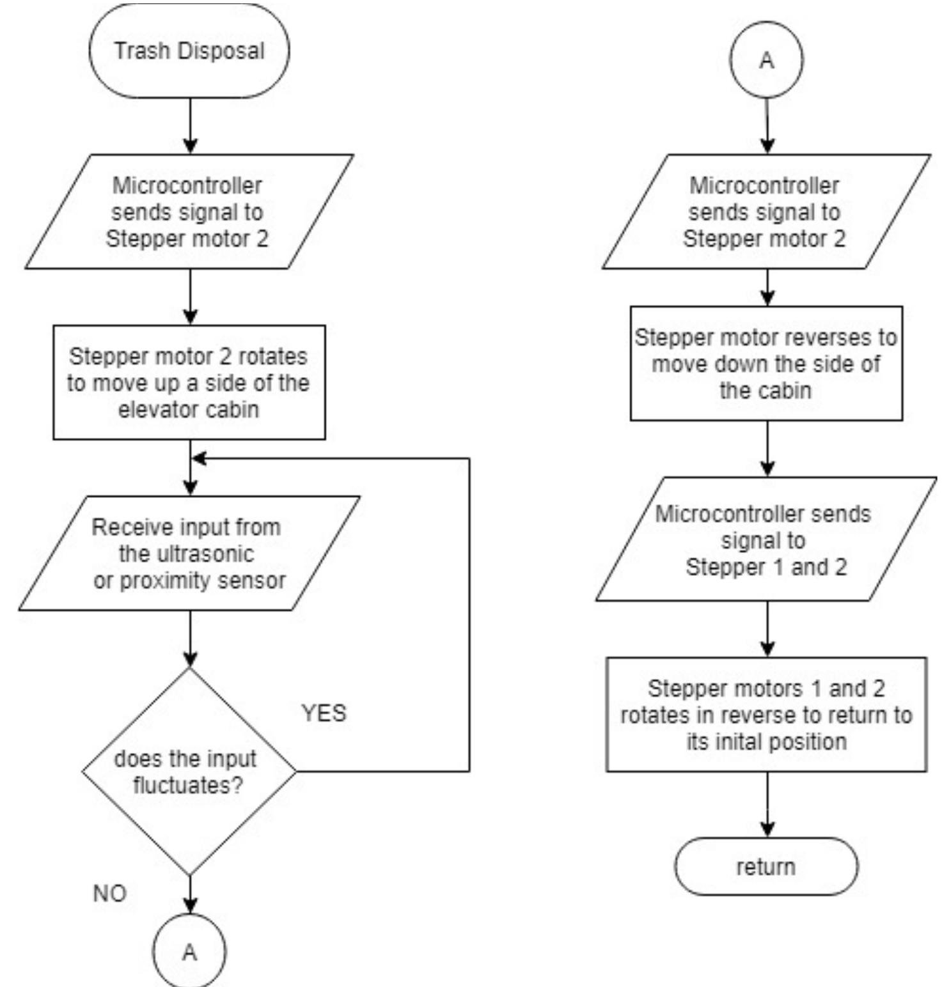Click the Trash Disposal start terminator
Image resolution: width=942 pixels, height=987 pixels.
tap(189, 51)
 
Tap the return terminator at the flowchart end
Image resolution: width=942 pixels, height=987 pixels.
tap(766, 867)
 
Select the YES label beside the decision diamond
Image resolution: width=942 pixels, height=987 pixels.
tap(324, 713)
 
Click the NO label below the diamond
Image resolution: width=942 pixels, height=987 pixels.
tap(109, 893)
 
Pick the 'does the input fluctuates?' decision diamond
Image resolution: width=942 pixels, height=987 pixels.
tap(189, 771)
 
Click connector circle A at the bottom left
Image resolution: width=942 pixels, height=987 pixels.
tap(189, 952)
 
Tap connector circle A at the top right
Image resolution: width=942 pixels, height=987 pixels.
tap(766, 60)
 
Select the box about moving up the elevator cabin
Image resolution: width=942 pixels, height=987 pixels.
tap(189, 382)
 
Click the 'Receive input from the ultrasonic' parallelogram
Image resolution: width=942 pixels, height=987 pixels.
tap(189, 554)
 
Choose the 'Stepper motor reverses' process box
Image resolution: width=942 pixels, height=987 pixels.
tap(766, 363)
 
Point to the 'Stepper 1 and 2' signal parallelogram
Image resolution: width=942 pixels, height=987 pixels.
tap(766, 540)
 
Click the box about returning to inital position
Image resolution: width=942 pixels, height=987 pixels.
tap(766, 715)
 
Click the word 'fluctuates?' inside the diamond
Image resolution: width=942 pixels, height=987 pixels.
tap(188, 785)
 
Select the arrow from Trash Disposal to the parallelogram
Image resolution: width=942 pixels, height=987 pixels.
tap(191, 125)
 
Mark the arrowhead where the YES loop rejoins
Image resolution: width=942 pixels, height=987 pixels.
tap(198, 458)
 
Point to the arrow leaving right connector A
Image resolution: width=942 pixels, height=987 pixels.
tap(767, 125)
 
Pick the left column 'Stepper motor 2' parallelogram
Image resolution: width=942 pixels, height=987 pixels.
tap(189, 212)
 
